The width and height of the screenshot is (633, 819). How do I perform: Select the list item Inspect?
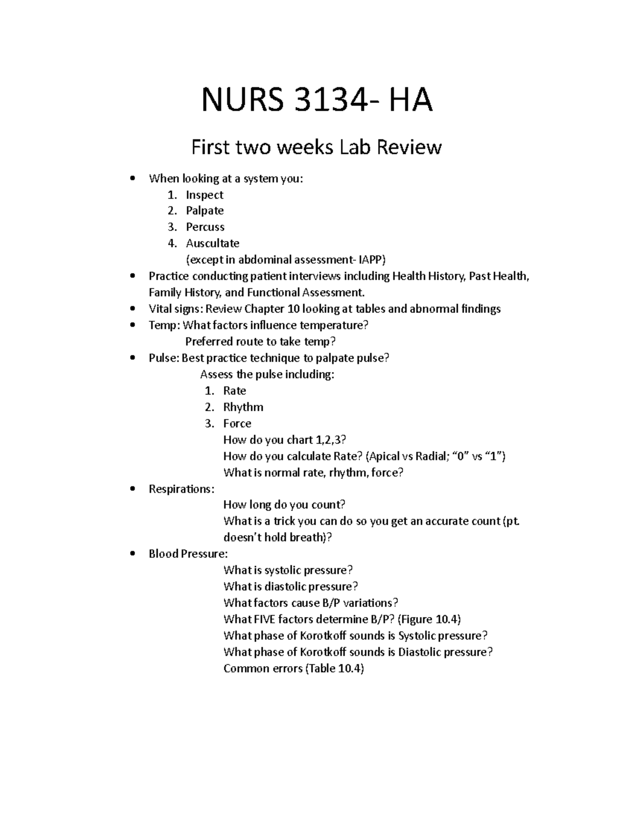[204, 195]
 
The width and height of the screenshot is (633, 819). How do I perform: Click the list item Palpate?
[205, 211]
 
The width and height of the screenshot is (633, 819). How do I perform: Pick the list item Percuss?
[205, 227]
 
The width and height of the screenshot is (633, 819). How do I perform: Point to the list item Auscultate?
[212, 243]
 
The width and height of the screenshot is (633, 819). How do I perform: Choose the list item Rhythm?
[243, 407]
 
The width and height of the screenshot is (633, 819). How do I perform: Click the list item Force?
[237, 423]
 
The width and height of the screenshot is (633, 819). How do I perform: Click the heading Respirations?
[181, 489]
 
